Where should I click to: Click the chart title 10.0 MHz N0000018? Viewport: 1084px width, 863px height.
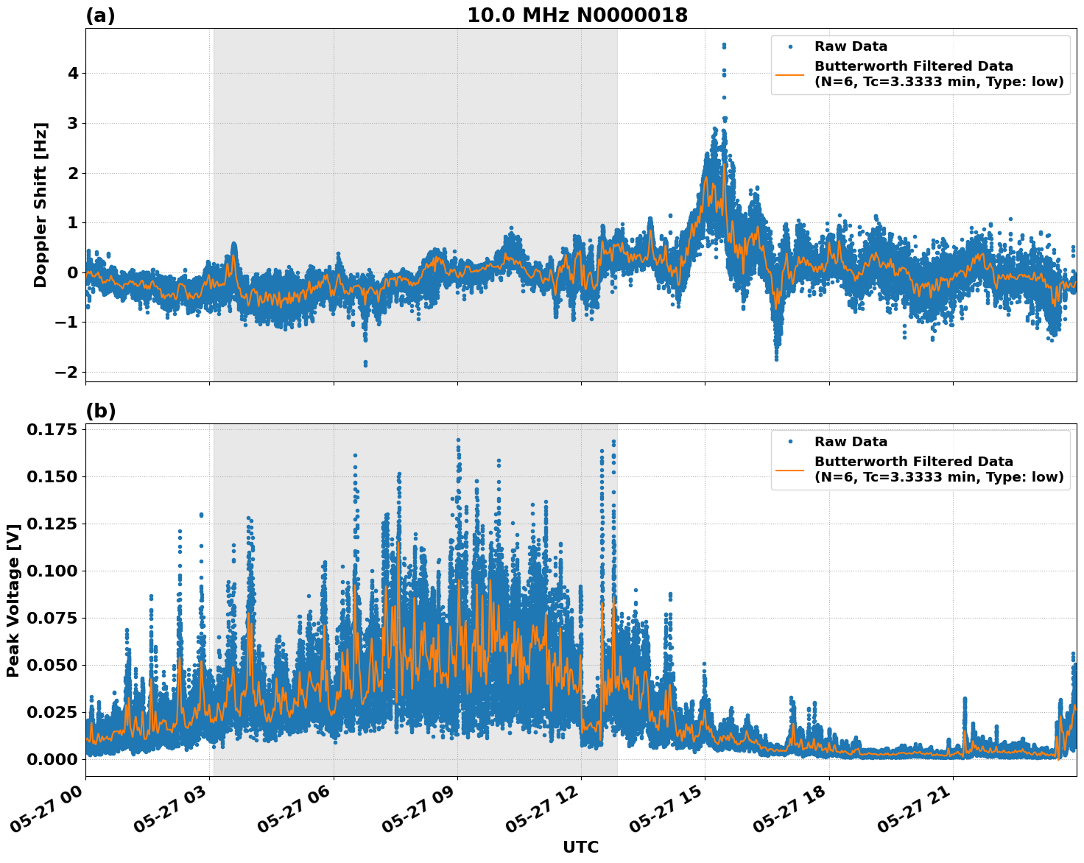577,15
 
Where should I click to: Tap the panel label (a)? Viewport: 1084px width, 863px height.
100,15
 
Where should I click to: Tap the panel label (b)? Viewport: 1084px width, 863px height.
100,411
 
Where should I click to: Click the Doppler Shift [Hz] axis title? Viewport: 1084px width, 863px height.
41,205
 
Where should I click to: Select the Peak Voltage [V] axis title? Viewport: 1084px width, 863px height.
13,600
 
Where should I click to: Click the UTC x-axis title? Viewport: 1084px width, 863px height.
580,847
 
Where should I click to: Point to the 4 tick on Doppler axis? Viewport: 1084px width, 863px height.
73,74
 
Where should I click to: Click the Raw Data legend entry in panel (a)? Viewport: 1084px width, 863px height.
851,47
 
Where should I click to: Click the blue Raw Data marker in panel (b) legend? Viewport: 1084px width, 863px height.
789,442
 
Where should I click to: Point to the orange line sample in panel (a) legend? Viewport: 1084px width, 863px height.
789,74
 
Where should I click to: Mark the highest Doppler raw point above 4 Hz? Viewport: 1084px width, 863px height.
724,45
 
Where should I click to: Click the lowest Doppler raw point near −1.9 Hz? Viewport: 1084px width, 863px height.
365,364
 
